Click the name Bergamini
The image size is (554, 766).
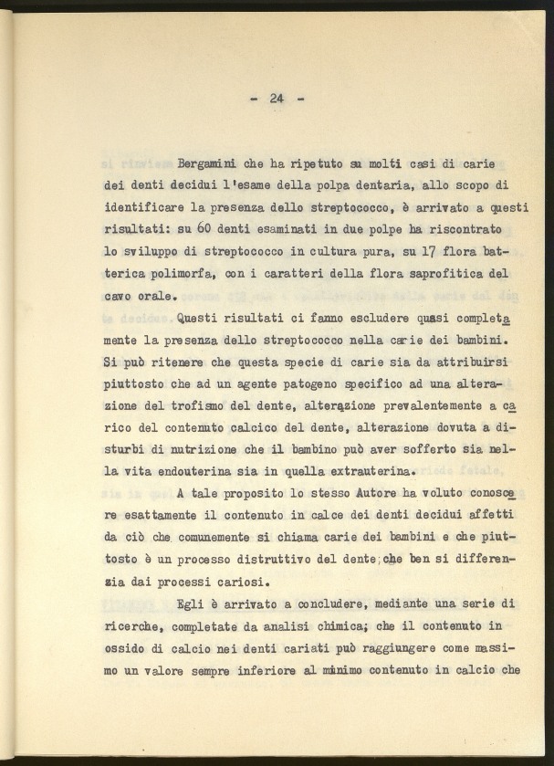pos(209,164)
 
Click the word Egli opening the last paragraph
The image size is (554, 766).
pos(193,605)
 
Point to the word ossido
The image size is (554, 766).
pos(127,649)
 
